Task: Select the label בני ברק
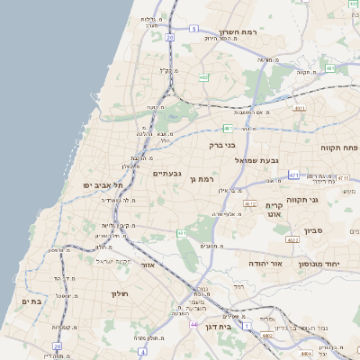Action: pyautogui.click(x=222, y=144)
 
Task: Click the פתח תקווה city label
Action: pyautogui.click(x=338, y=147)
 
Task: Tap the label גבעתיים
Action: pyautogui.click(x=167, y=173)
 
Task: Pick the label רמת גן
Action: pyautogui.click(x=206, y=179)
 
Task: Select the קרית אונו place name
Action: pyautogui.click(x=274, y=210)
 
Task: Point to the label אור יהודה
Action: pyautogui.click(x=265, y=264)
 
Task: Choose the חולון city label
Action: pyautogui.click(x=121, y=293)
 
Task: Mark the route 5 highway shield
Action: pyautogui.click(x=193, y=29)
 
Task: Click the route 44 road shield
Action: pyautogui.click(x=193, y=323)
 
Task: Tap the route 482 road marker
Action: pyautogui.click(x=204, y=77)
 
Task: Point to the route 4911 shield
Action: pyautogui.click(x=300, y=108)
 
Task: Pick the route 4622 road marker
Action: pyautogui.click(x=292, y=240)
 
